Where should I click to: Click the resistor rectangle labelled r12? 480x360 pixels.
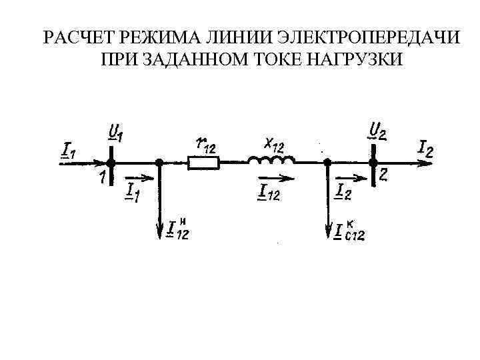point(203,162)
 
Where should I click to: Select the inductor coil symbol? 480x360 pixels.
point(270,160)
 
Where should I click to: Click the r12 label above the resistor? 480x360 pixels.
point(205,143)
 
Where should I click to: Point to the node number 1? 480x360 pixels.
point(101,177)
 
